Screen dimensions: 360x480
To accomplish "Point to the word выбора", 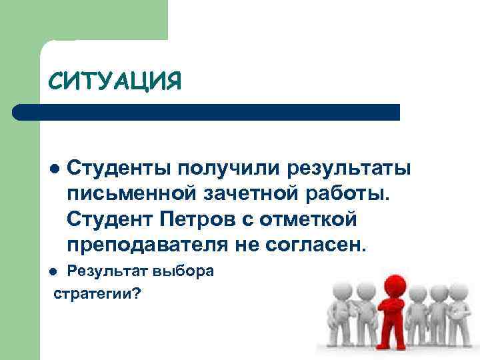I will coord(184,271).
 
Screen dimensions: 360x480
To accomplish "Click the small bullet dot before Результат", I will coord(55,272).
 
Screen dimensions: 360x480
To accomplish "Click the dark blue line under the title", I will coord(207,111).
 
